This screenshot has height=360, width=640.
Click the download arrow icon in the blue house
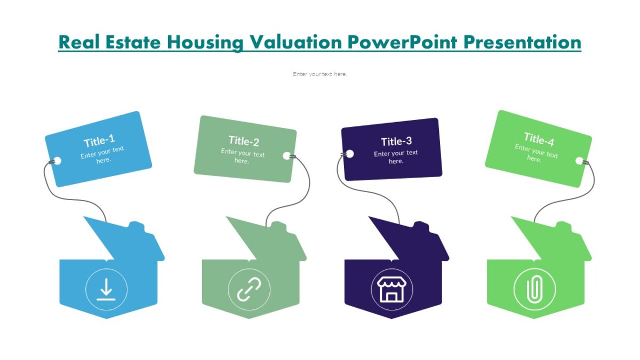tap(106, 290)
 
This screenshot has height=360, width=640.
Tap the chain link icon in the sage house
tap(249, 290)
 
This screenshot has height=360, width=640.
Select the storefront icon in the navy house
tap(391, 290)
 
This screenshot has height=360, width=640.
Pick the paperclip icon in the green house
tap(534, 290)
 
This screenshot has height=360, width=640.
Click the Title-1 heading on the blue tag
tap(99, 141)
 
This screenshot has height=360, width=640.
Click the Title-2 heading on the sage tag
tap(244, 141)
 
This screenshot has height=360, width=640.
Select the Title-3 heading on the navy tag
tap(396, 141)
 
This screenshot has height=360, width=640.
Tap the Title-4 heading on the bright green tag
tap(539, 139)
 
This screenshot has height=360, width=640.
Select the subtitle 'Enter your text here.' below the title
tap(320, 74)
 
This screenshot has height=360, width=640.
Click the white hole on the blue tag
tap(58, 161)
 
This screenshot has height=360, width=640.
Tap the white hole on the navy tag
tap(350, 154)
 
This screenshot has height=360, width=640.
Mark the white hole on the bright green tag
tap(580, 161)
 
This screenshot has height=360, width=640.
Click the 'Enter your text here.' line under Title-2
tap(243, 157)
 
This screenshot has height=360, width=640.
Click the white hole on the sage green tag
tap(287, 156)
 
